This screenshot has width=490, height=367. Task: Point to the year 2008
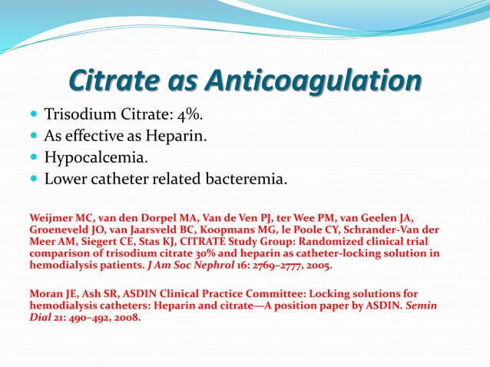(127, 318)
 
